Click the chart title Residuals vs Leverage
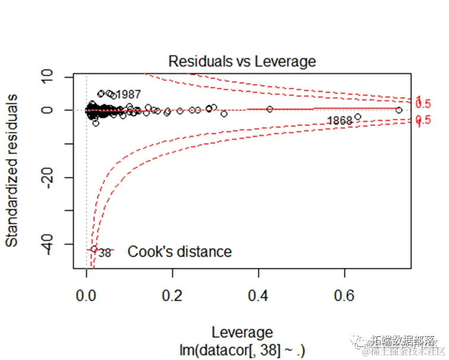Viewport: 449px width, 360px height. click(242, 61)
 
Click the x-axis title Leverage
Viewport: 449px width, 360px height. click(242, 332)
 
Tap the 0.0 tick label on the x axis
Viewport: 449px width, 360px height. click(87, 295)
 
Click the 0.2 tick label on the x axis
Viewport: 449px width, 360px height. click(172, 295)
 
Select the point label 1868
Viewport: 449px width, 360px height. click(340, 121)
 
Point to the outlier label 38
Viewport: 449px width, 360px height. click(105, 252)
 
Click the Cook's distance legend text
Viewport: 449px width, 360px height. click(179, 252)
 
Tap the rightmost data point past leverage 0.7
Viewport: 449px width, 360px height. click(399, 110)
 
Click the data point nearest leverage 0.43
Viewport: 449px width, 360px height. click(270, 109)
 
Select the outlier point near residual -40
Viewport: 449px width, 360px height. click(94, 250)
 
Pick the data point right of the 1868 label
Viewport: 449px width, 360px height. click(358, 116)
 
